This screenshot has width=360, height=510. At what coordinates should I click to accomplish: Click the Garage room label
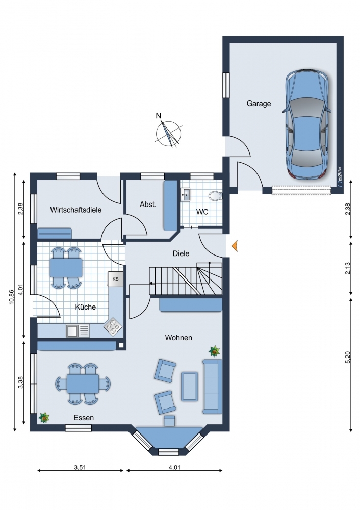[x=259, y=104]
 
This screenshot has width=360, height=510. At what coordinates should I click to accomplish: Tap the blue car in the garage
[x=307, y=124]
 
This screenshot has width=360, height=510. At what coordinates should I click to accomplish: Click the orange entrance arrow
[x=235, y=246]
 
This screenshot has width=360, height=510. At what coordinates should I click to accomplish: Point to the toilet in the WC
[x=215, y=196]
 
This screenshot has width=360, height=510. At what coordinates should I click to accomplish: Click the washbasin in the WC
[x=186, y=194]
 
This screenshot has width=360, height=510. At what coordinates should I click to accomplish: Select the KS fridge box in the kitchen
[x=115, y=279]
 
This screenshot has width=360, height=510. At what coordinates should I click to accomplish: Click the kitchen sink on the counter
[x=78, y=330]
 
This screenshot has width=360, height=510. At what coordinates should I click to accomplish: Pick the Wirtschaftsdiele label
[x=76, y=210]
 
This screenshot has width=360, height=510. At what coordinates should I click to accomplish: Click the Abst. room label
[x=148, y=205]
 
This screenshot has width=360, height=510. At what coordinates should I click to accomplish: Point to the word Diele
[x=181, y=253]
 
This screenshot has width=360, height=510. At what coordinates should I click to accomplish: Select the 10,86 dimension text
[x=12, y=297]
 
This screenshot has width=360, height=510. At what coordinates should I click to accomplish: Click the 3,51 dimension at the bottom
[x=80, y=467]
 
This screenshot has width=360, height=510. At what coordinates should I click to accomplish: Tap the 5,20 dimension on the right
[x=348, y=357]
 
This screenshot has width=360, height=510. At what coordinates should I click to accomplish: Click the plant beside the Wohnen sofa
[x=214, y=351]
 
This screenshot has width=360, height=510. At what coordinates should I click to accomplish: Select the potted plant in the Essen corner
[x=44, y=417]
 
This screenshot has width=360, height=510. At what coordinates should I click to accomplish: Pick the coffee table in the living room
[x=189, y=386]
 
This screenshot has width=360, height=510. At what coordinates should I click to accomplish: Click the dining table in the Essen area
[x=83, y=384]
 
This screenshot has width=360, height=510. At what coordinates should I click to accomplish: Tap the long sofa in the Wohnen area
[x=212, y=387]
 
